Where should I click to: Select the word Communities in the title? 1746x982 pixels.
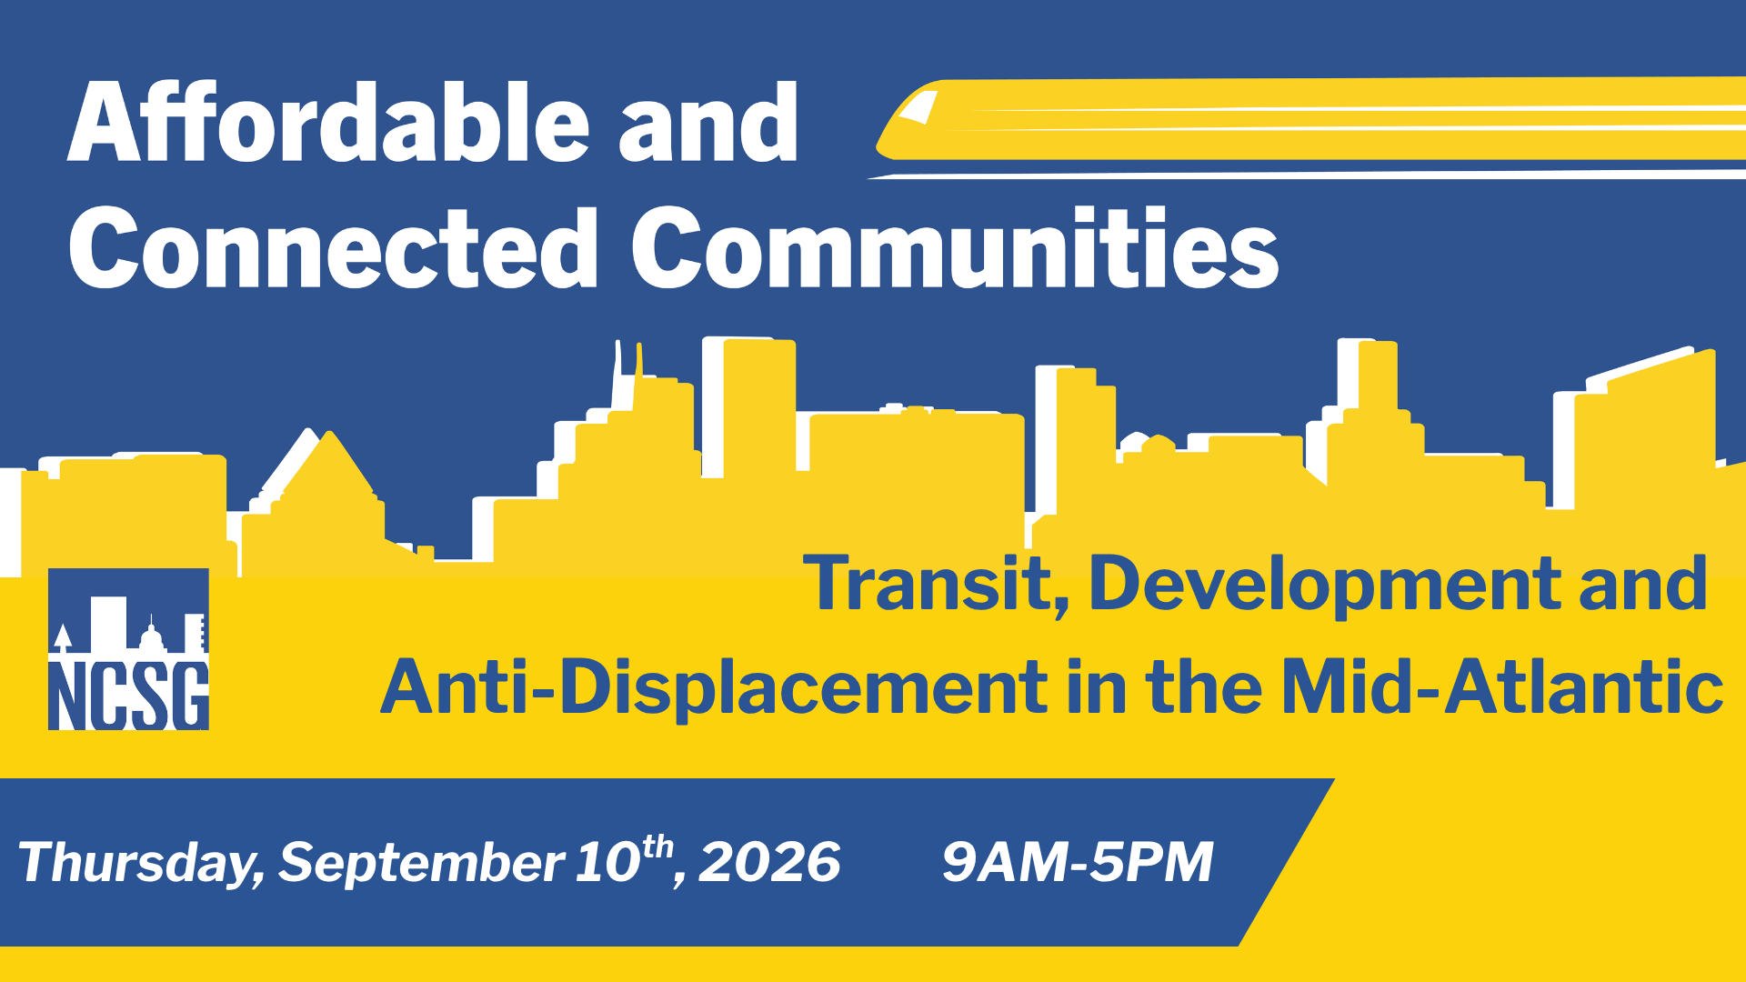point(956,246)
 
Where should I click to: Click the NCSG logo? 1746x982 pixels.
point(128,649)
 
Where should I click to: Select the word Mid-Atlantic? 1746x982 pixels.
point(1502,686)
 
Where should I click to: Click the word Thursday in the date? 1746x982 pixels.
point(141,862)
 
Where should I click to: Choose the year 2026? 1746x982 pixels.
point(769,862)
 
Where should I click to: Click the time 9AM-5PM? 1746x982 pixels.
point(1078,862)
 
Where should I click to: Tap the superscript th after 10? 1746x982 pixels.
point(657,847)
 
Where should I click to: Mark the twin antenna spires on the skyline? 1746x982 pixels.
point(628,373)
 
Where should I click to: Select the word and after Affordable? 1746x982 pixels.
point(708,122)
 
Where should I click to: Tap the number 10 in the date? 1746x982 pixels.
point(607,862)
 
